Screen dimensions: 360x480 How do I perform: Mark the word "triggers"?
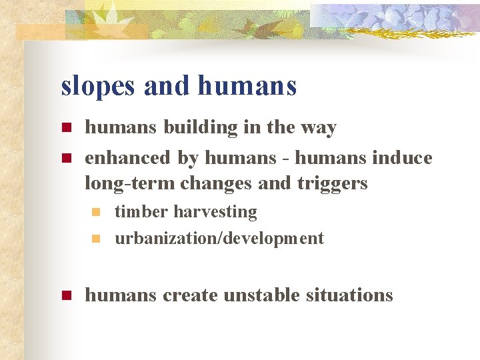point(331,183)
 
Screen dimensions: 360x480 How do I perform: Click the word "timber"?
point(141,212)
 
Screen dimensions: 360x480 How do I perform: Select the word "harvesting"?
point(215,212)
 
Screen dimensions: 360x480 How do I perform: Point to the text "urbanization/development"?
point(219,238)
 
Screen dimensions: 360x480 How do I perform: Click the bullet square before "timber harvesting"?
point(97,213)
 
